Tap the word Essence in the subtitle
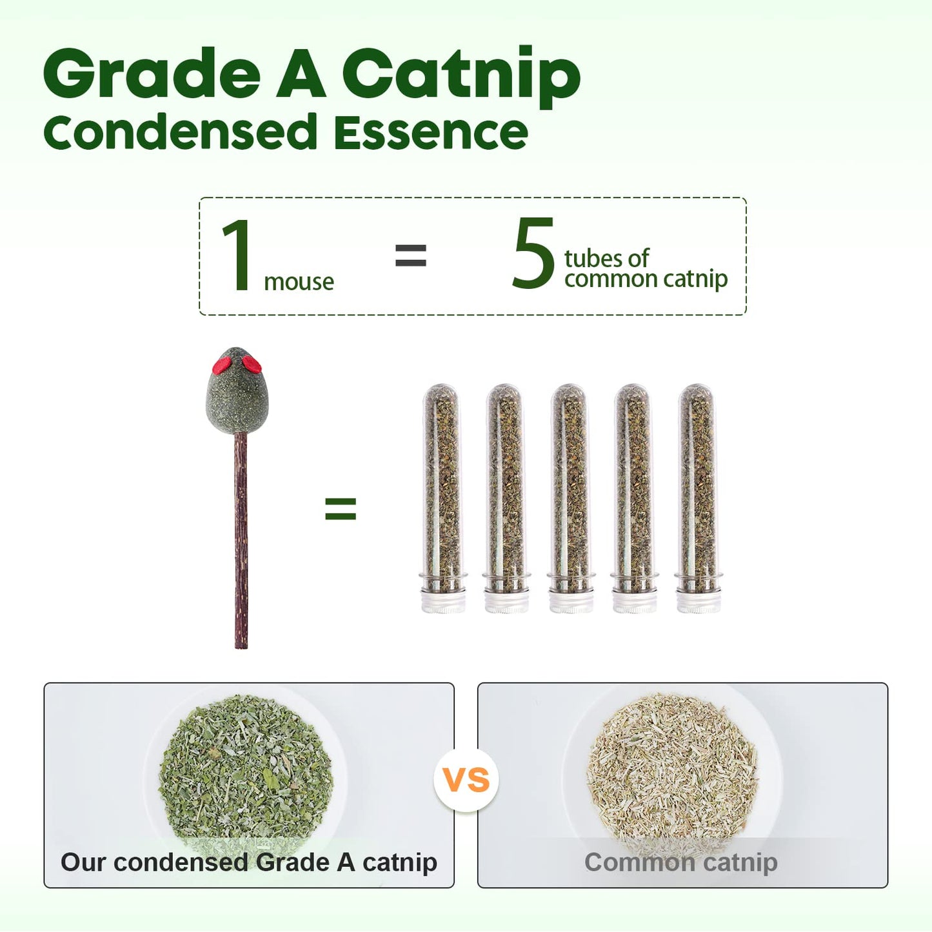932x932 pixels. click(430, 132)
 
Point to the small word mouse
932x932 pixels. click(299, 282)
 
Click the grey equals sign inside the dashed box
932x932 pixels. click(411, 255)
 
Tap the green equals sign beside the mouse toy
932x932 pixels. click(341, 509)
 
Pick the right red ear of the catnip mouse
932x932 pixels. click(252, 364)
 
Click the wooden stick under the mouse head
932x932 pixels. click(241, 540)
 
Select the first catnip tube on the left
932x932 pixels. click(442, 499)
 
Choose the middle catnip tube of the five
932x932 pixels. click(570, 499)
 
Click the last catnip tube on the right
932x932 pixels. click(697, 499)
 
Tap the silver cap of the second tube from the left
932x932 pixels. click(506, 599)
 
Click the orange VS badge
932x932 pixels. click(467, 780)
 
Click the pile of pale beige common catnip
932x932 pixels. click(672, 769)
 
